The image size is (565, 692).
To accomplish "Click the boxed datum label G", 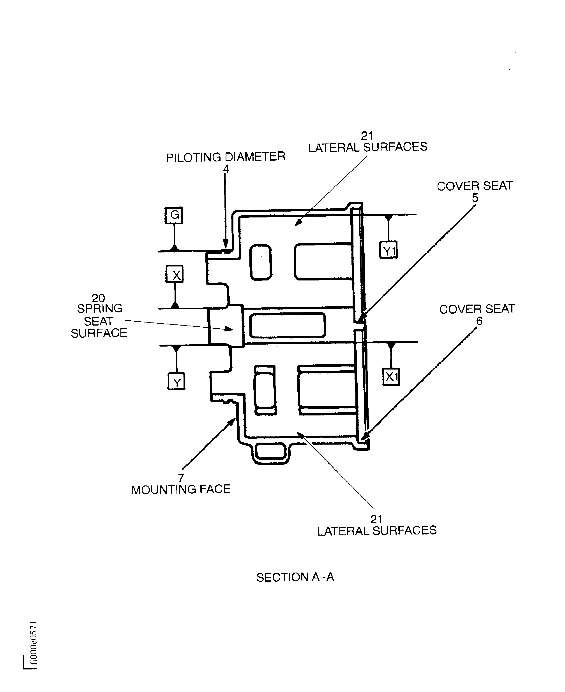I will (x=174, y=215).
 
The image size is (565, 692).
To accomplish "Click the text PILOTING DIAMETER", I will (x=226, y=157).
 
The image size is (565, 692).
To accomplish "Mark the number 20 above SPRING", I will (x=98, y=298).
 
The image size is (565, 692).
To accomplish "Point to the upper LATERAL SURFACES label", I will (x=367, y=147).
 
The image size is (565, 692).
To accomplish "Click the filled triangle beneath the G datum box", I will (x=175, y=248).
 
